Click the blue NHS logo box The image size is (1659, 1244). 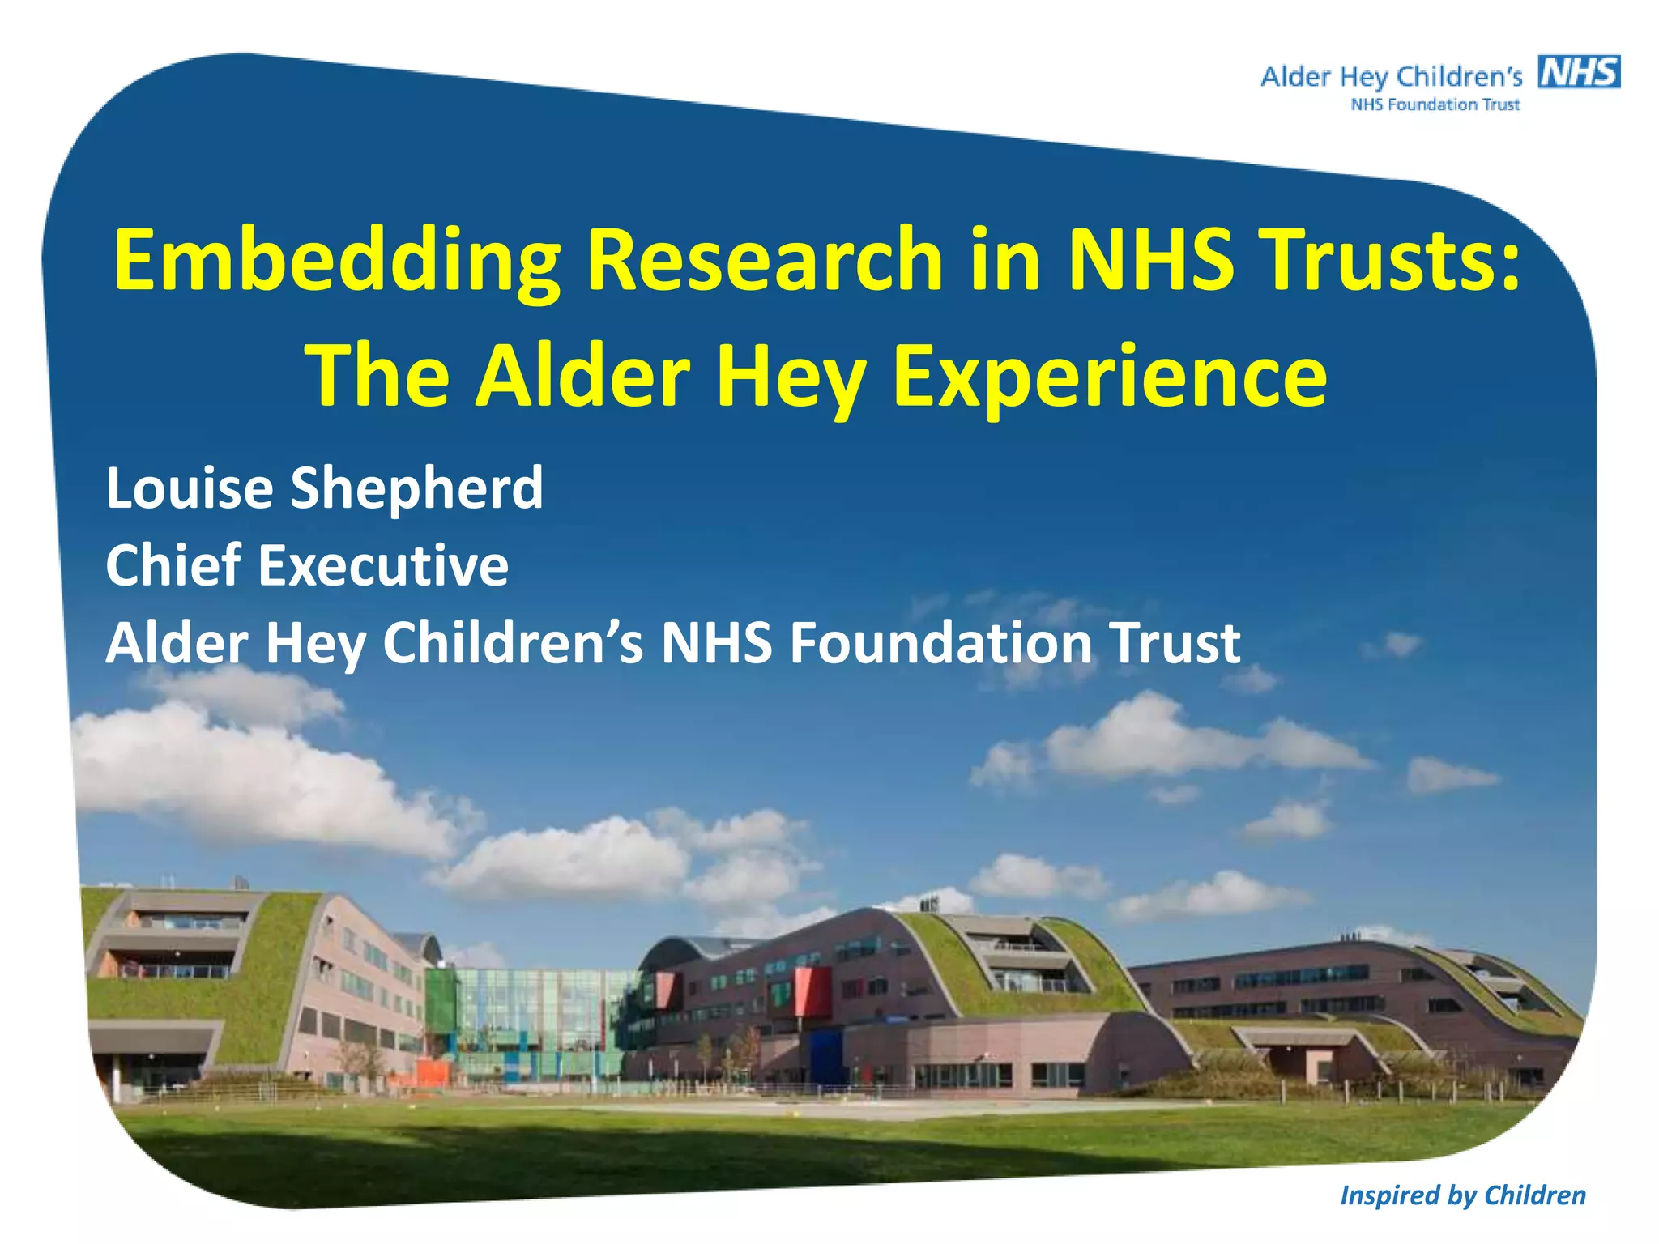coord(1579,72)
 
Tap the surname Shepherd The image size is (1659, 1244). coord(416,488)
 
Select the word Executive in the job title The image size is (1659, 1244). coord(383,565)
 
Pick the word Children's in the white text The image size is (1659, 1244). coord(513,643)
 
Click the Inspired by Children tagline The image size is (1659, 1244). coord(1462,1195)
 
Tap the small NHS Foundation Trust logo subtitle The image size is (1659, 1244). coord(1435,104)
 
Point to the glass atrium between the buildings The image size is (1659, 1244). coord(535,1020)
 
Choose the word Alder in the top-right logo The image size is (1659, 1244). coord(1295,78)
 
